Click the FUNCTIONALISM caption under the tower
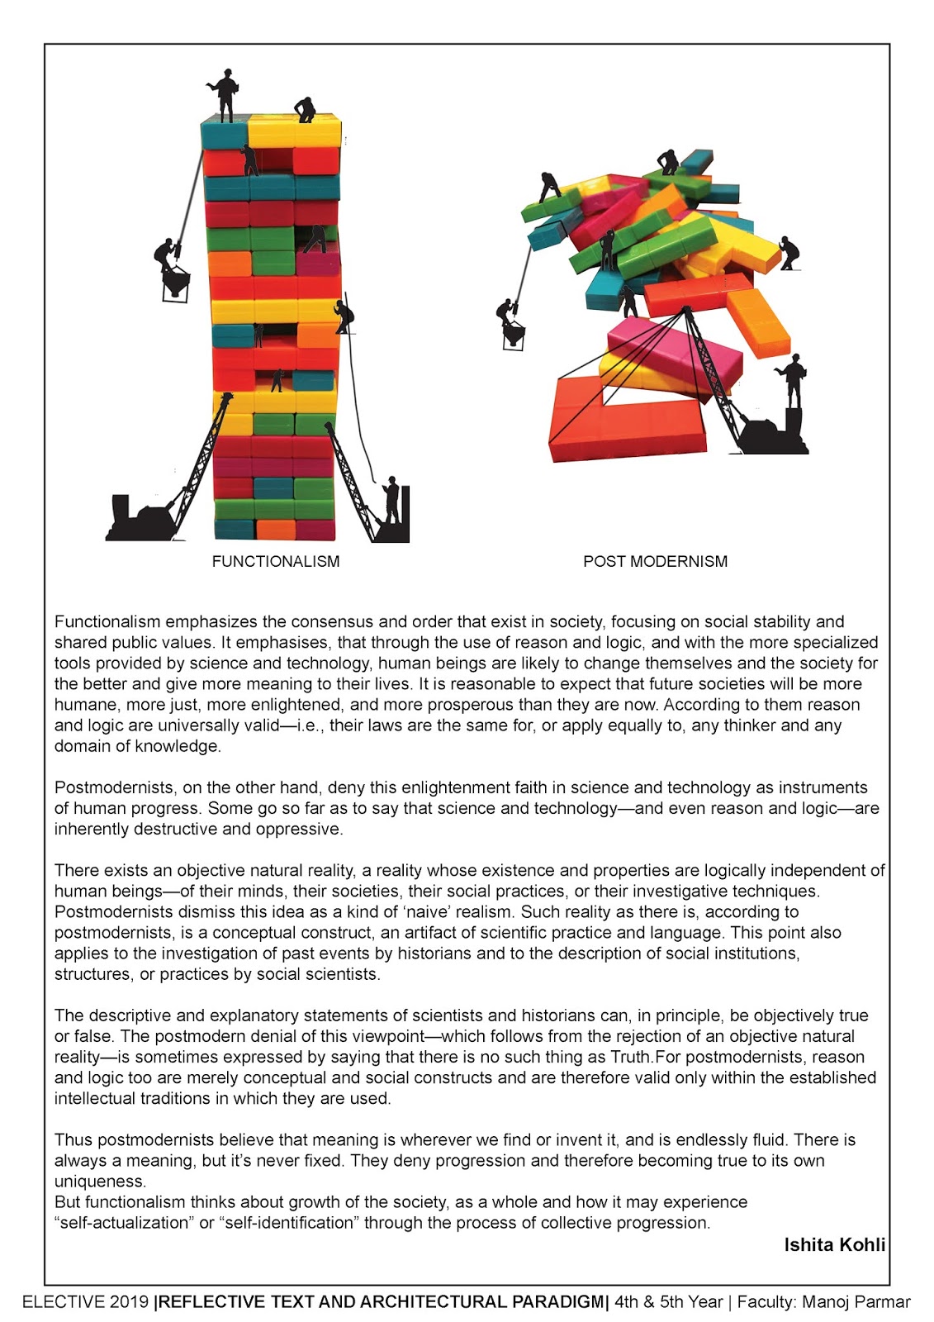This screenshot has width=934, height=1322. point(275,562)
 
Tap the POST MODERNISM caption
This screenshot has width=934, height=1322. point(655,562)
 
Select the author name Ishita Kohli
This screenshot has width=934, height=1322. point(834,1244)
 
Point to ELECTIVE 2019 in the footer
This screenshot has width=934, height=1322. point(86,1302)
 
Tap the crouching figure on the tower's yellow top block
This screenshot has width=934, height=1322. point(306,110)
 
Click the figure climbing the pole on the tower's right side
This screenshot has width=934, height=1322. point(344,317)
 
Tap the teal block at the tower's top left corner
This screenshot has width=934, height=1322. point(224,134)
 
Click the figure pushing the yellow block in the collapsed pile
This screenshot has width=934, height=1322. point(789,252)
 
